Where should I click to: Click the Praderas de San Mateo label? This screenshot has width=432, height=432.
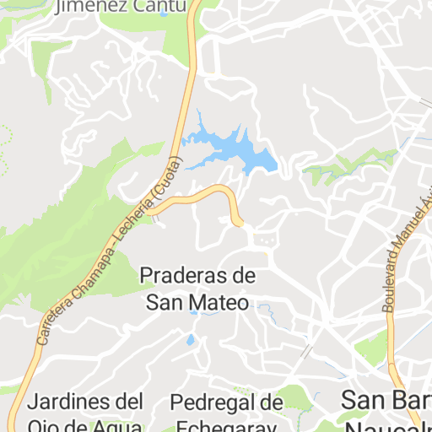pyautogui.click(x=197, y=289)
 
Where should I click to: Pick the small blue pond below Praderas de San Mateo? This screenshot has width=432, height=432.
pyautogui.click(x=191, y=340)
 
